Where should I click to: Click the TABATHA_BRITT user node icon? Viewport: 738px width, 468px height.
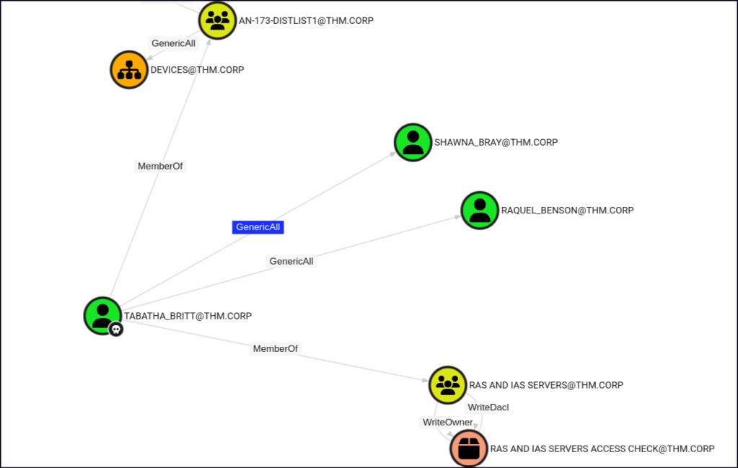102,315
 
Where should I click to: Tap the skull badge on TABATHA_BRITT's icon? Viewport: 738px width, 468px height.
115,329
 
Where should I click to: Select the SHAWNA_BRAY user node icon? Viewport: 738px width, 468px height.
413,142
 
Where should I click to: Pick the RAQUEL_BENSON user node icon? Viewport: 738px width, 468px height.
480,210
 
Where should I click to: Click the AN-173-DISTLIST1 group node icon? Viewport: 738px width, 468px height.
217,20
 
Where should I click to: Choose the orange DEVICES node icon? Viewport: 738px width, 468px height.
129,70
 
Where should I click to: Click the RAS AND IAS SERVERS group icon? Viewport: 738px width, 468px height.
448,384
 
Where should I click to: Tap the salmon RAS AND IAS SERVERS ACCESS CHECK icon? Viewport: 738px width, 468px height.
469,449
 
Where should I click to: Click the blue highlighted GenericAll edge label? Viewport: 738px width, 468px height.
258,227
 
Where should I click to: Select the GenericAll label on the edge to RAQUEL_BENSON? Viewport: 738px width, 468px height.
291,261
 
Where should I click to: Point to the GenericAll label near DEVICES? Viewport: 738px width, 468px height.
173,43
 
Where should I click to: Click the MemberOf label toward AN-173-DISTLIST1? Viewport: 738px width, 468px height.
160,166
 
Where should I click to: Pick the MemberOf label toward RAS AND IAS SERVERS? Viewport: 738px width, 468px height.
276,348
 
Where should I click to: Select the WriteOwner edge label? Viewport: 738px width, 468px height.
447,422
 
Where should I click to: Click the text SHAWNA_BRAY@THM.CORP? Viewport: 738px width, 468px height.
496,142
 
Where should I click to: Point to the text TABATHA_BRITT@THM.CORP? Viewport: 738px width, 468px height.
188,316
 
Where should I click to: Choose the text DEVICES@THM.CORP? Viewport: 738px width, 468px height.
197,70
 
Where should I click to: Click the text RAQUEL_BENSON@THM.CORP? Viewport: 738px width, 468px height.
567,210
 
